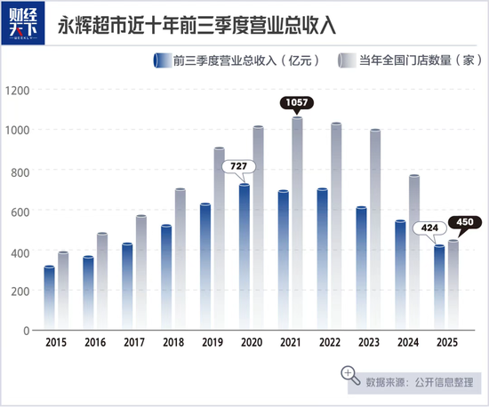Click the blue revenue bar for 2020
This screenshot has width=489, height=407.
point(244,258)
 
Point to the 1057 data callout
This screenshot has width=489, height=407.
point(297,104)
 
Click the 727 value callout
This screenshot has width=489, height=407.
point(238,166)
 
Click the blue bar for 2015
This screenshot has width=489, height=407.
point(49,298)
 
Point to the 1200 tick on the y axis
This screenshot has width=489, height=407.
point(17,91)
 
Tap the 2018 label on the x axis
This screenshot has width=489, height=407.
point(172,342)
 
